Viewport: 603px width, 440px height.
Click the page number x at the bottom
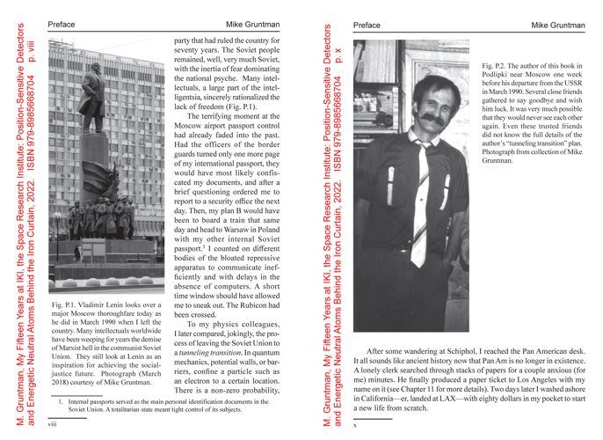pyautogui.click(x=354, y=424)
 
